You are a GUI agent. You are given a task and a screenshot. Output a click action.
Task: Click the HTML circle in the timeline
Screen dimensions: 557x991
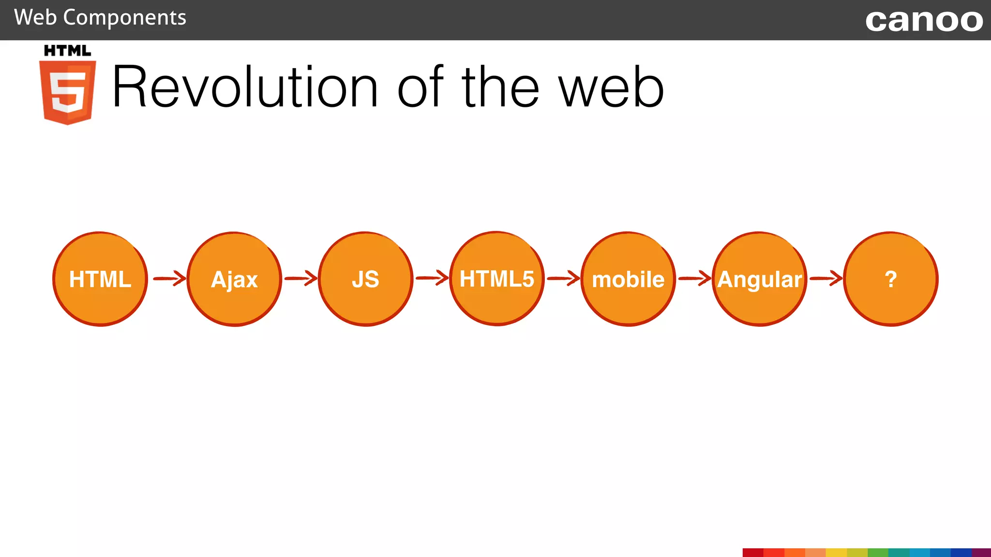(100, 279)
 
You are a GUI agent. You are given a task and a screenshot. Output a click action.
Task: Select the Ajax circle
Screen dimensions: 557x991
(234, 279)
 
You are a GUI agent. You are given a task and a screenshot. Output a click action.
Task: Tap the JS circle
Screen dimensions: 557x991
(366, 279)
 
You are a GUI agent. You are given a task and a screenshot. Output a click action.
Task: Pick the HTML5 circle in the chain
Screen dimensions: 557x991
(497, 279)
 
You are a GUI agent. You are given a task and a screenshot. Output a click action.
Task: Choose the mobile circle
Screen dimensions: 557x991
(628, 279)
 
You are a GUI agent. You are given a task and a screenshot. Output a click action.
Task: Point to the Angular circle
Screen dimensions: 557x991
(760, 279)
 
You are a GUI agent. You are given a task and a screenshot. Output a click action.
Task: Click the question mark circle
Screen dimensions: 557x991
(891, 279)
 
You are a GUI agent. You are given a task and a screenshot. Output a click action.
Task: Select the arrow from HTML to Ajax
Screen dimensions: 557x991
(169, 278)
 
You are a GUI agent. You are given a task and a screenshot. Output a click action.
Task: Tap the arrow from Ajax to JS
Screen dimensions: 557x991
(300, 278)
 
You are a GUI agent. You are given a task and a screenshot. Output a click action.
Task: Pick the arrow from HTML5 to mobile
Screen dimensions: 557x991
(563, 278)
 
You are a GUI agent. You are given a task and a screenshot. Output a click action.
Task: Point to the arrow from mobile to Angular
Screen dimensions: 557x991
(694, 278)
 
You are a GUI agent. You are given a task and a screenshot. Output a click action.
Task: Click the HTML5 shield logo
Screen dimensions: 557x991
(68, 92)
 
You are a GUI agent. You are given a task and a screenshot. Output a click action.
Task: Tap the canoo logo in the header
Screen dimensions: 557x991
(924, 20)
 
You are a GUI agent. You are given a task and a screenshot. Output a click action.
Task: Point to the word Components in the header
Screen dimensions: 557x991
(124, 18)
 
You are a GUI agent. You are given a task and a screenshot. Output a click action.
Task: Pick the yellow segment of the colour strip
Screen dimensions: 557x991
(836, 553)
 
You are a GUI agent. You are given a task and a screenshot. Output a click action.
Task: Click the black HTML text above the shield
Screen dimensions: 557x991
(67, 51)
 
